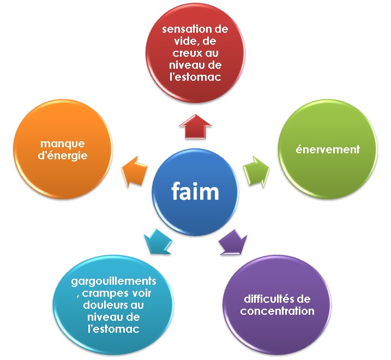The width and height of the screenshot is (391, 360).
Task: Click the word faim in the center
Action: tap(195, 191)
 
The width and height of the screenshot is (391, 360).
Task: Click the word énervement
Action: tap(327, 149)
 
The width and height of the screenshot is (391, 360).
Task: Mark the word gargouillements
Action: tap(114, 281)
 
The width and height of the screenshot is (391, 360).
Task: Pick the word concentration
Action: tap(278, 311)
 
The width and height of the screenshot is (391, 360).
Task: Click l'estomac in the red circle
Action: tap(195, 77)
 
